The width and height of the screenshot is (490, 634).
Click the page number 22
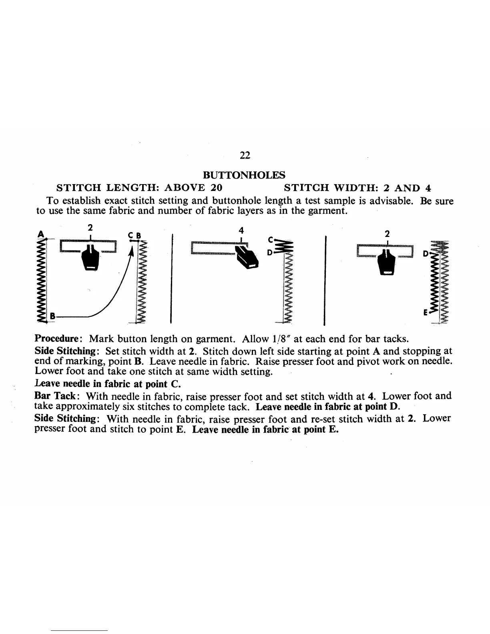[245, 156]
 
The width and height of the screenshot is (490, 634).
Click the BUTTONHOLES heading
[245, 175]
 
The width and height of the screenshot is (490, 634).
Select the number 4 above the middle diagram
[241, 230]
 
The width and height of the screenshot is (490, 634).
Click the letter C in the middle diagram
[270, 240]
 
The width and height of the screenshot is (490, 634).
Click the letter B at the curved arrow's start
[52, 316]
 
